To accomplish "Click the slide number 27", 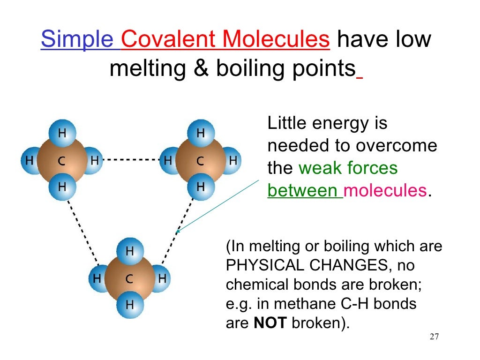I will point(434,337).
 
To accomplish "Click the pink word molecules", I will point(385,191).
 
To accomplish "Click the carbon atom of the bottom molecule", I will point(130,279).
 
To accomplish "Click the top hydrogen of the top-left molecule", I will point(62,133).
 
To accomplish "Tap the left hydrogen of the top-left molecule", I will point(30,161).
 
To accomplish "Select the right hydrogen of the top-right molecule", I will point(232,161).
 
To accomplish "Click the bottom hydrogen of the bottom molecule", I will point(130,305).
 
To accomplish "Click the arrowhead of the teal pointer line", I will point(178,230).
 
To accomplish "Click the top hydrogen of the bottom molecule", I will point(130,251).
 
